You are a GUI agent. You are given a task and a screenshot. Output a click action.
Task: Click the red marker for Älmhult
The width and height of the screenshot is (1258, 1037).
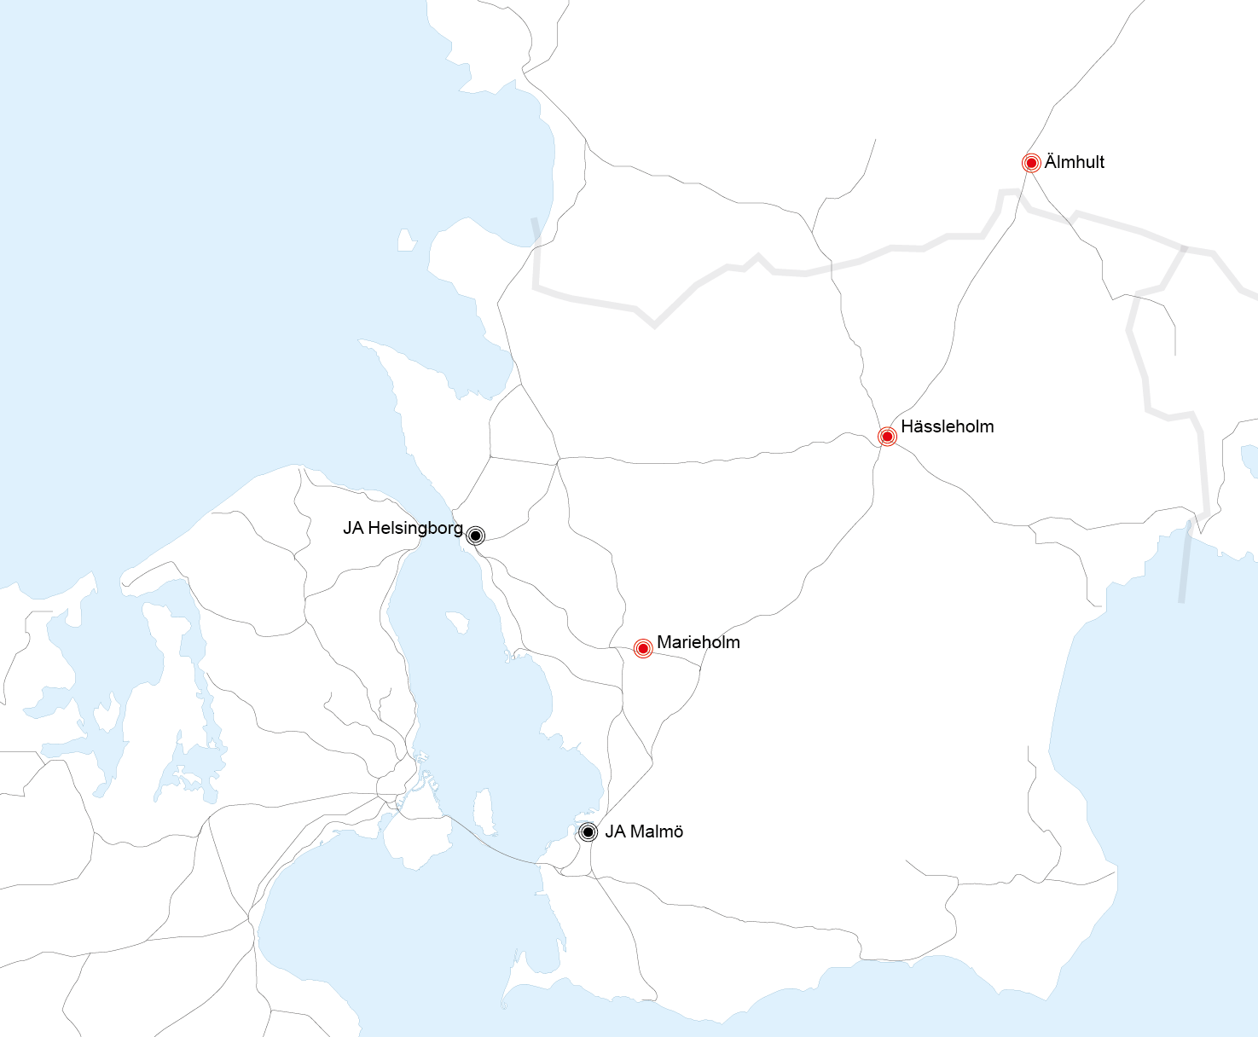coord(1031,162)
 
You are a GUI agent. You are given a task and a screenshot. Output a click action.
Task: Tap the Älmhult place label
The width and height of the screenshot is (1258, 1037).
coord(1074,162)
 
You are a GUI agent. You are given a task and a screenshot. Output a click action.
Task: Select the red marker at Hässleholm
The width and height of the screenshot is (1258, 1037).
coord(887,437)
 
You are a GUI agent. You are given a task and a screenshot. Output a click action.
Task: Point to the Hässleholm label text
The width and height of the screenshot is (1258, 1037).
coord(947,426)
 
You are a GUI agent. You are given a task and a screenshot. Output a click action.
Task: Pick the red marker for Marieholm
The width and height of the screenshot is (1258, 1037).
coord(643,648)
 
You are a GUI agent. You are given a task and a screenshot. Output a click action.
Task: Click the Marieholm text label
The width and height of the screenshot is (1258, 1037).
coord(698,642)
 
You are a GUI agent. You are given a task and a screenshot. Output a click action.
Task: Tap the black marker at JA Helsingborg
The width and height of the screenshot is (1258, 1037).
coord(475,536)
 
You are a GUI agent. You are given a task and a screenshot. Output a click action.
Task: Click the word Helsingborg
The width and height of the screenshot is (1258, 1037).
coord(415,528)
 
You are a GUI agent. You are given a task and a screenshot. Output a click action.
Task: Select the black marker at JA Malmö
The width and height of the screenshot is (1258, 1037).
coord(588,831)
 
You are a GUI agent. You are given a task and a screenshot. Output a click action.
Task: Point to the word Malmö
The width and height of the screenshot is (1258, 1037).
coord(656,831)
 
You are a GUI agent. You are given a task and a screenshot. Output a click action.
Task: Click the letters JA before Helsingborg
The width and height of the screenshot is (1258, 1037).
coord(353,528)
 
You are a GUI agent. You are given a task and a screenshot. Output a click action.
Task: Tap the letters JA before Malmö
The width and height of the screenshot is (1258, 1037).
coord(615,831)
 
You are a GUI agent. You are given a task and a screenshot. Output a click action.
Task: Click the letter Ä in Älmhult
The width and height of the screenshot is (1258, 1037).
coord(1051,161)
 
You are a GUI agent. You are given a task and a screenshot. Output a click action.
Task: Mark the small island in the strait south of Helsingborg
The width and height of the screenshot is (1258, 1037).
coord(457,622)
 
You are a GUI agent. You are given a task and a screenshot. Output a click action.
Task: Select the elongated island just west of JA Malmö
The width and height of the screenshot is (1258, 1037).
coord(485,811)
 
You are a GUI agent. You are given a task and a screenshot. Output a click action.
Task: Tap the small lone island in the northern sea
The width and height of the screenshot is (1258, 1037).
coord(407,240)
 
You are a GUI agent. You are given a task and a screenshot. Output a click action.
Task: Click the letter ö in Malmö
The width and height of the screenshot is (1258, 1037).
coord(677,831)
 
